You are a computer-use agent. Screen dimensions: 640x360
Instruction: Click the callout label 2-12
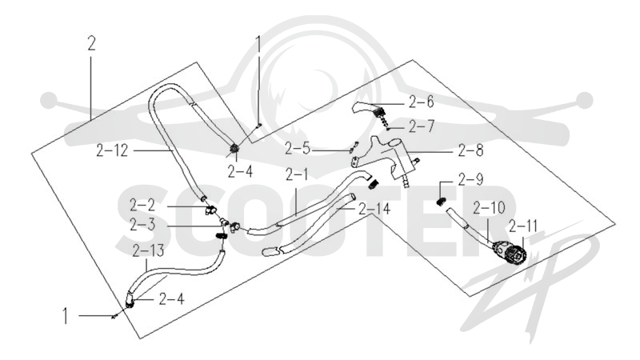click(x=112, y=151)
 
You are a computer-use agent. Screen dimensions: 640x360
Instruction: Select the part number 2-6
click(x=422, y=102)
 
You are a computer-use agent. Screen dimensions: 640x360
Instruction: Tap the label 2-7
click(x=422, y=127)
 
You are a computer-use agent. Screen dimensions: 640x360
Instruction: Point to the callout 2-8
click(x=470, y=150)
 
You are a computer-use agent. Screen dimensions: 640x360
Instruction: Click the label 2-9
click(x=298, y=149)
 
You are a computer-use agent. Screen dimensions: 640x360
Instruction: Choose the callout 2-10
click(x=489, y=208)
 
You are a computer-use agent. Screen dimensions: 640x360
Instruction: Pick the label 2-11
click(x=523, y=226)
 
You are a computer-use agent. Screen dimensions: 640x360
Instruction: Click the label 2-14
click(x=374, y=209)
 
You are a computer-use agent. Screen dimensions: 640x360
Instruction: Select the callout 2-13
click(x=148, y=250)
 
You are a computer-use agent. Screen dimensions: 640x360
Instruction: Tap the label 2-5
click(x=298, y=149)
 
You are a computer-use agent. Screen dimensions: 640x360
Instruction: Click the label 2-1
click(x=297, y=174)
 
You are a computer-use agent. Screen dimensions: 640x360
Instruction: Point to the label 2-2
click(x=143, y=206)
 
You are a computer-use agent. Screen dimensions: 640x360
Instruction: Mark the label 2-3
click(x=143, y=225)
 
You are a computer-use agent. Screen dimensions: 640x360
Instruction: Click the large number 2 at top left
click(x=91, y=43)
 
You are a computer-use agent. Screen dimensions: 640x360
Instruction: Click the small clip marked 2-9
click(x=441, y=201)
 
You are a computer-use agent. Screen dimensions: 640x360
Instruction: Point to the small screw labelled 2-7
click(x=389, y=129)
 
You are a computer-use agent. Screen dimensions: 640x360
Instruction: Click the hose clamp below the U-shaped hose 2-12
click(x=234, y=150)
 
